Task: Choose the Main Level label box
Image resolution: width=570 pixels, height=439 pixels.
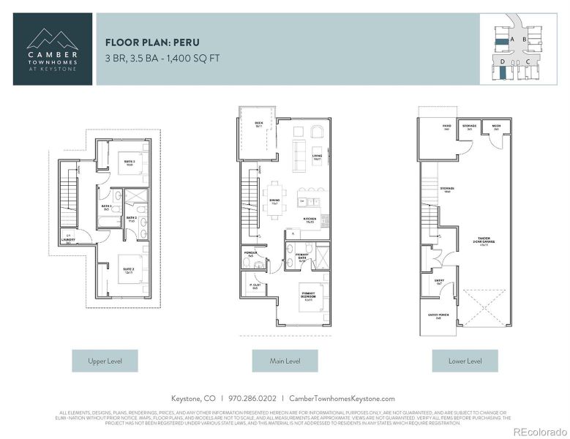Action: coord(285,361)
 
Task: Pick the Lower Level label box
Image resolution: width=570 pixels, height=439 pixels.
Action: coord(464,361)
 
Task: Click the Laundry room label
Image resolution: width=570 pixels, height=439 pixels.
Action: coord(69,236)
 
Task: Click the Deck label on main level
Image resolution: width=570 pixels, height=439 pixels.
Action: coord(258,124)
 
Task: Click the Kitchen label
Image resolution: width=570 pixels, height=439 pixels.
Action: coord(310,219)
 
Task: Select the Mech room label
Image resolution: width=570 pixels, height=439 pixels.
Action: coord(495,127)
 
